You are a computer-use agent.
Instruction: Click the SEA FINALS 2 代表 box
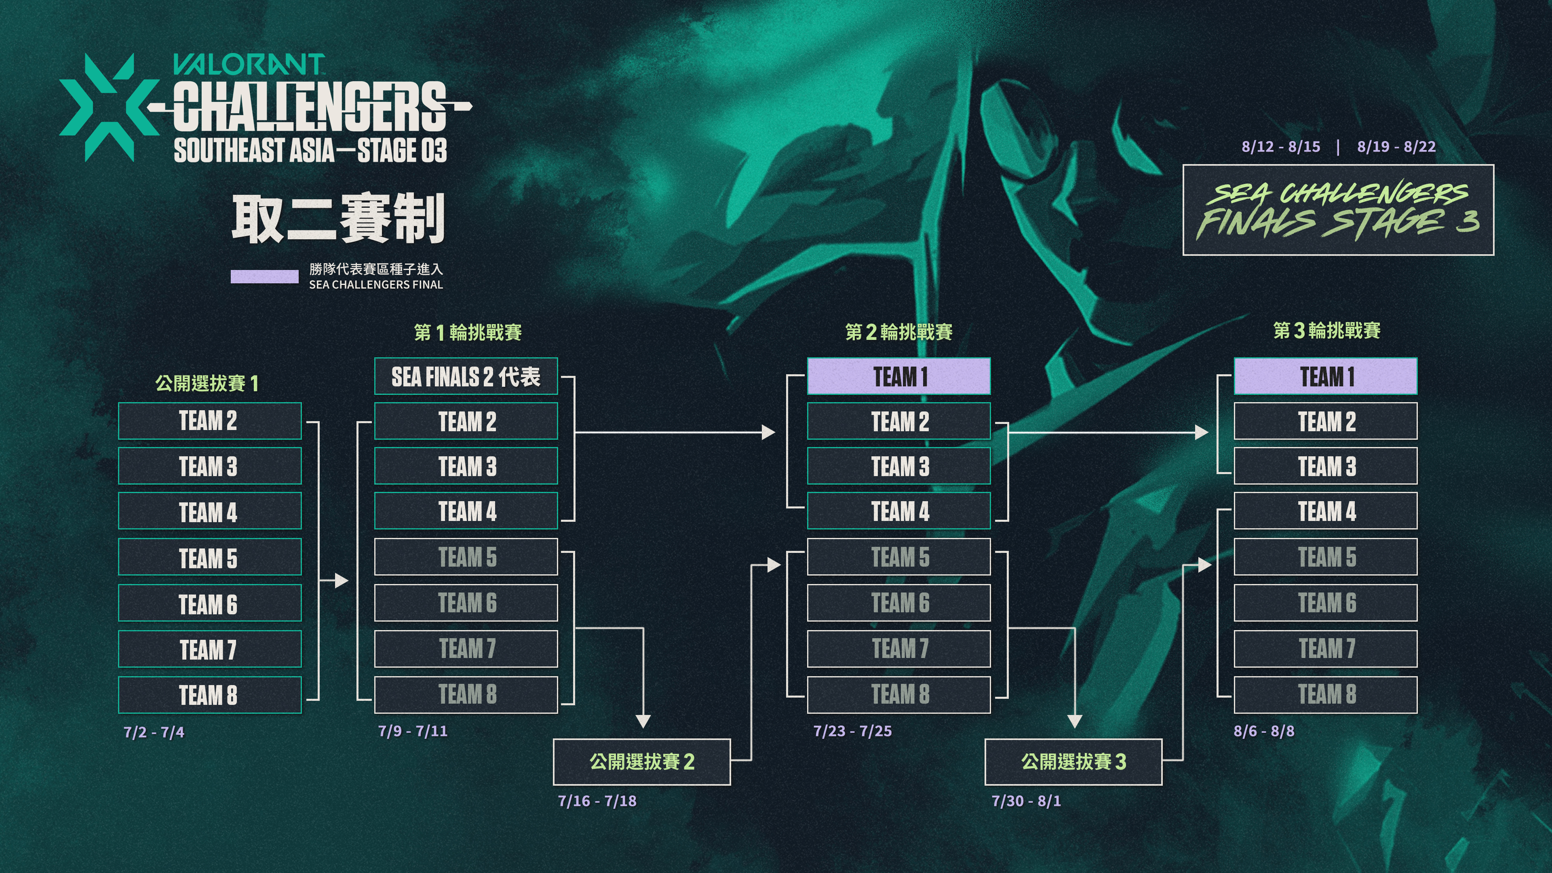click(466, 377)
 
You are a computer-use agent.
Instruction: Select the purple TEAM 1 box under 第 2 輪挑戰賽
click(898, 377)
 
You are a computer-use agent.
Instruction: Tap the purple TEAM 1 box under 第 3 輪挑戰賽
click(1326, 377)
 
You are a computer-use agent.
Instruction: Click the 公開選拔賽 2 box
click(642, 761)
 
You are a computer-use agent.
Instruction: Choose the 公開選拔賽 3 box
click(1073, 761)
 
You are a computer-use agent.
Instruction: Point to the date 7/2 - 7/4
click(154, 732)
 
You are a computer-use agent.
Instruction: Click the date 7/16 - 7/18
click(597, 801)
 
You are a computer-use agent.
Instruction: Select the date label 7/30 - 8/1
click(1026, 801)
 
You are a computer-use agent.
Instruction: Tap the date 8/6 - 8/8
click(1264, 731)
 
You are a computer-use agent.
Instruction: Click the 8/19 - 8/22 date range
click(1396, 146)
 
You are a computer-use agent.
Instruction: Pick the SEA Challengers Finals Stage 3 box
click(1338, 210)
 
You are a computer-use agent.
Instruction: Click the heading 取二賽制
click(338, 218)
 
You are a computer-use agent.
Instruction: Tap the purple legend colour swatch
click(264, 276)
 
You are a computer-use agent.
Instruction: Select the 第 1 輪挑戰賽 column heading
click(468, 332)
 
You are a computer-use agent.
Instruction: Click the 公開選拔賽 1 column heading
click(207, 383)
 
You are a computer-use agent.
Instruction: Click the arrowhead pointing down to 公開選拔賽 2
click(643, 721)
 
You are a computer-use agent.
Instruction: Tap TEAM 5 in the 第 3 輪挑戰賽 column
click(1326, 557)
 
